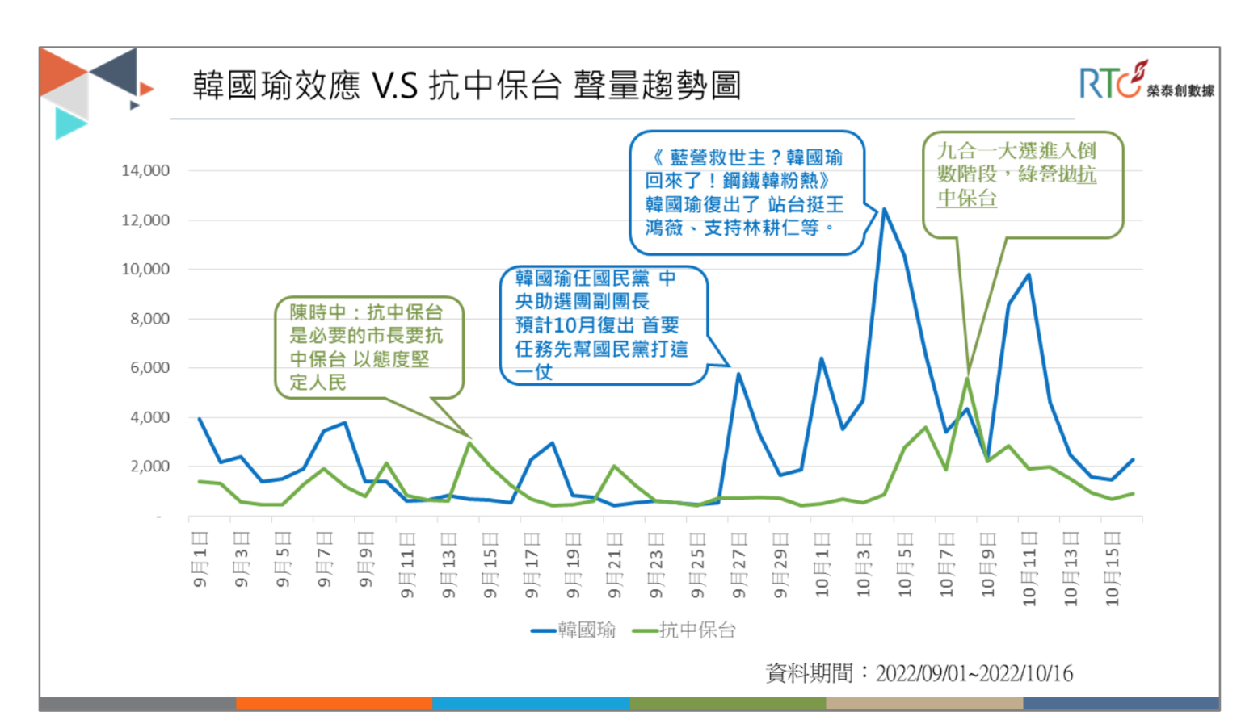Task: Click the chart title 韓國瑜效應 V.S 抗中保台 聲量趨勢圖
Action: point(466,85)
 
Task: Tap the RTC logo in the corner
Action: point(1145,81)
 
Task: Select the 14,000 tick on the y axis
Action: point(145,170)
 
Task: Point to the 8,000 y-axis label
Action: point(149,319)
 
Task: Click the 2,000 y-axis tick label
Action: point(149,467)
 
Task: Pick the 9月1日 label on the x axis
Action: point(200,559)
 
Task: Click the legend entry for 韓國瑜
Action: point(573,630)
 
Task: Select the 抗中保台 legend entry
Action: point(684,630)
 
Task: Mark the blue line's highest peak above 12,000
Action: point(884,209)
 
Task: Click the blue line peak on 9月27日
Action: point(738,374)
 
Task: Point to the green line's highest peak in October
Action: point(966,378)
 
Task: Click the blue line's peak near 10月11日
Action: point(1029,274)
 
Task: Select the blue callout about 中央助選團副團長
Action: point(602,324)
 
